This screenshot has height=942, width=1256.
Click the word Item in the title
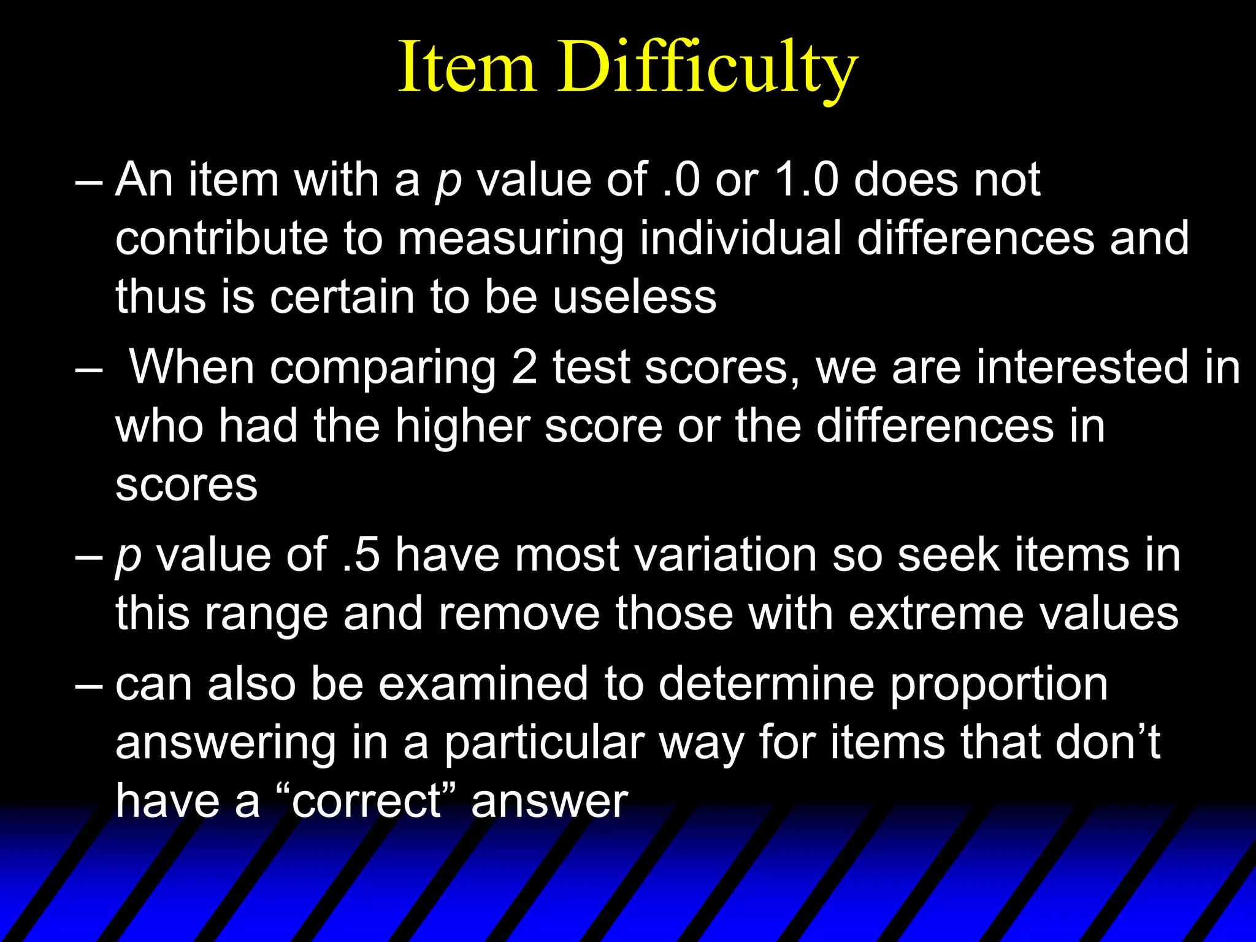467,67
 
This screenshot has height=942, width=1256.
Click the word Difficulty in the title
707,69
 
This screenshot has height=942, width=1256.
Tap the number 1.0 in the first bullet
806,180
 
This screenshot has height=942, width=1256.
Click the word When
191,367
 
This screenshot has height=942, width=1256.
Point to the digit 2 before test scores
524,367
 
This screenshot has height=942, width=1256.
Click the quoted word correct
367,801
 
